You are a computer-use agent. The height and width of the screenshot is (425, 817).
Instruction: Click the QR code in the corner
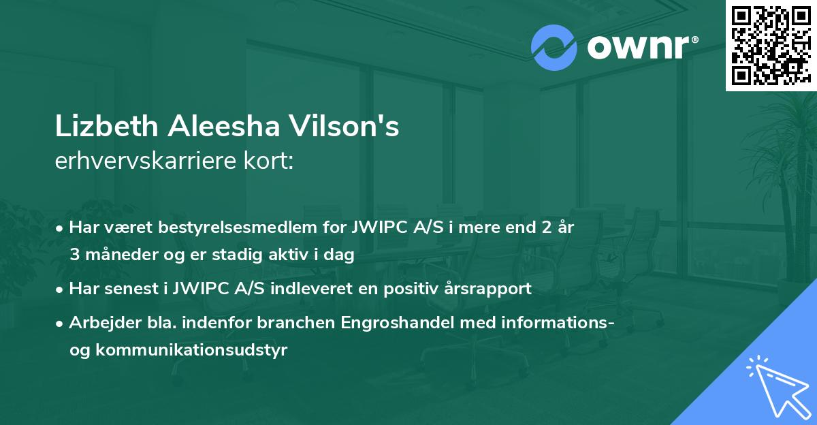pyautogui.click(x=770, y=45)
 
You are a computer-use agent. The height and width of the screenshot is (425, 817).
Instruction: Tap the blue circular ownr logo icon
pyautogui.click(x=554, y=48)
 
